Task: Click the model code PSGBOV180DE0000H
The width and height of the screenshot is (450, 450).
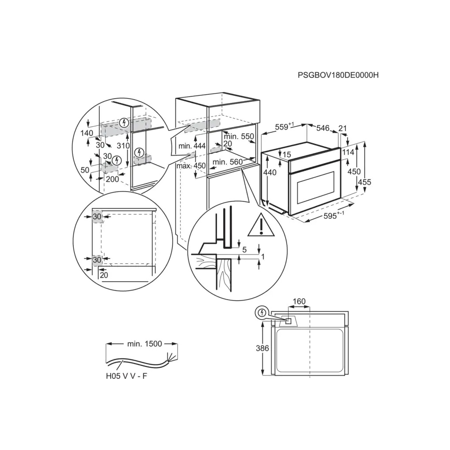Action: pyautogui.click(x=338, y=75)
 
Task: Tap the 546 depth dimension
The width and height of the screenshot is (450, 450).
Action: pyautogui.click(x=323, y=128)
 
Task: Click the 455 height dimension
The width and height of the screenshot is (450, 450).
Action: pyautogui.click(x=364, y=181)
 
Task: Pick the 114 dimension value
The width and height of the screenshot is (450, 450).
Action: pyautogui.click(x=348, y=152)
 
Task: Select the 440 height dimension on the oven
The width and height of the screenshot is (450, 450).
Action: pyautogui.click(x=270, y=172)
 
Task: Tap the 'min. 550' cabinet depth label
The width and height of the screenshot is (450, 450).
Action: pyautogui.click(x=239, y=137)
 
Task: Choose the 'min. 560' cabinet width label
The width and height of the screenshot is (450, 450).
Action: pyautogui.click(x=227, y=162)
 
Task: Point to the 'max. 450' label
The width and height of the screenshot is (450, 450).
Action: pyautogui.click(x=191, y=166)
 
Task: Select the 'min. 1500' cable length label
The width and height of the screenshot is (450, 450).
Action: pyautogui.click(x=145, y=344)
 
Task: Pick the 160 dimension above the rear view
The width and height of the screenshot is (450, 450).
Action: pyautogui.click(x=299, y=301)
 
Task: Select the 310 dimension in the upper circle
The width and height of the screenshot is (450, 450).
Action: pyautogui.click(x=123, y=145)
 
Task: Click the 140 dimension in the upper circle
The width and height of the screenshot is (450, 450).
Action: pyautogui.click(x=87, y=132)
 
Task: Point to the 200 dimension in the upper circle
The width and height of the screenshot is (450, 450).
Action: pyautogui.click(x=112, y=179)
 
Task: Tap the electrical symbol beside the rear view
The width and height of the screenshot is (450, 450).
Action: pyautogui.click(x=262, y=313)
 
